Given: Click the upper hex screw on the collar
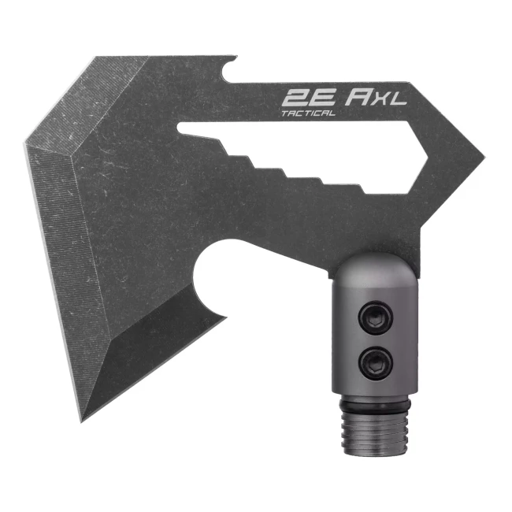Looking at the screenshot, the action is [376, 317].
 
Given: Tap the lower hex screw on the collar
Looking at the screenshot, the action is [376, 363].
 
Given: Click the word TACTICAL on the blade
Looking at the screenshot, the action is [308, 113].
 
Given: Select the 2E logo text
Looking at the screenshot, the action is [309, 98].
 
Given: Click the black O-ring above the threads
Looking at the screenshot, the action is [374, 402].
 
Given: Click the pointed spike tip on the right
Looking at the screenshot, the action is [484, 158].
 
